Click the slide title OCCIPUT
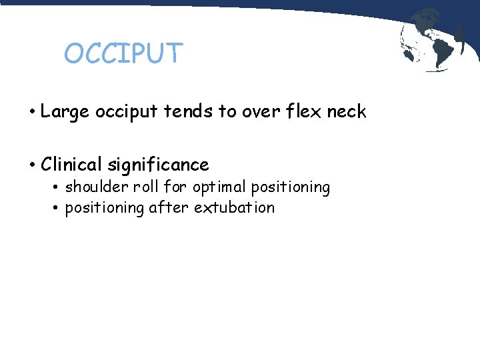pos(123,53)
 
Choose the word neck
pos(347,111)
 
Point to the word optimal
pos(220,188)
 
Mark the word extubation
pos(234,207)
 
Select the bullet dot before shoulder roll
pos(57,188)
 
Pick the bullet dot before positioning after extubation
pos(57,208)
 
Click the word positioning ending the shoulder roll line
pos(290,188)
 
